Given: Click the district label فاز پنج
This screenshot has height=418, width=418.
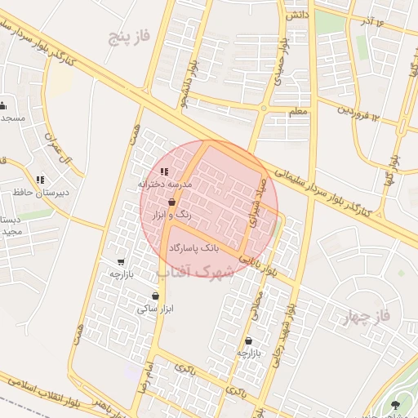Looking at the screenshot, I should [x=133, y=38].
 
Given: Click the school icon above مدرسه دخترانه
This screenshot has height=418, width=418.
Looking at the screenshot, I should [x=164, y=172].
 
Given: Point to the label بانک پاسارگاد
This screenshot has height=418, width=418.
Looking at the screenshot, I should [x=193, y=247].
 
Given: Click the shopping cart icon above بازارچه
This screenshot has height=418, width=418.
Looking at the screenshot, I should [x=121, y=262].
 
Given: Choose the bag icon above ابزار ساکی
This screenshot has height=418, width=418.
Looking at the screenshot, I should [x=155, y=296].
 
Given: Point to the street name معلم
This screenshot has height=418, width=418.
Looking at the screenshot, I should [x=297, y=110].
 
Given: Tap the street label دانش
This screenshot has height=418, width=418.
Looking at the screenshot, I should [x=297, y=16].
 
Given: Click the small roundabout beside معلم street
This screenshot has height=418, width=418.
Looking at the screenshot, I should [x=263, y=108].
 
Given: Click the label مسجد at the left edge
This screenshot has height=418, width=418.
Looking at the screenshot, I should [x=13, y=118].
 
